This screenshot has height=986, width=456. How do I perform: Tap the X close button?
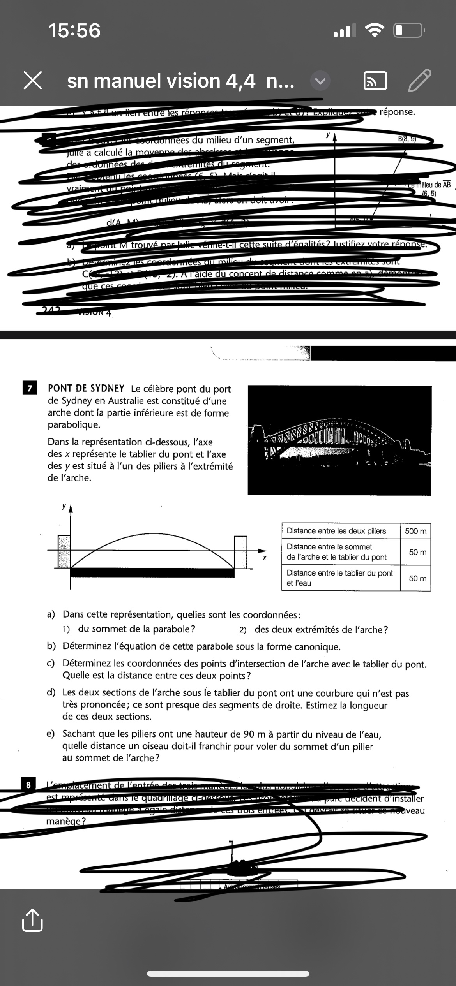coord(33,81)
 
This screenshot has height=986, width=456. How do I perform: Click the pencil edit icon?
coord(419,80)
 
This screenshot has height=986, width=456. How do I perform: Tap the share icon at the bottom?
coord(32,920)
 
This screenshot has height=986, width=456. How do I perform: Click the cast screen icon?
coord(375,81)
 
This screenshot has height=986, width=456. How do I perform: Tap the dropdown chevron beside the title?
coord(320,81)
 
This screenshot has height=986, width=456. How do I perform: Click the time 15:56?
coord(74,30)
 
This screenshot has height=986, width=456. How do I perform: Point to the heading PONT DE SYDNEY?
coord(86,388)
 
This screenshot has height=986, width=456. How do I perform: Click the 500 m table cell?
coord(415,531)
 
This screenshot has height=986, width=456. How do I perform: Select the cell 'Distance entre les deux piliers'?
coord(336,531)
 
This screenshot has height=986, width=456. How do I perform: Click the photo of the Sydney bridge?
coord(339,440)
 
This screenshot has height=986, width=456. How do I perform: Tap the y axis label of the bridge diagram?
coord(64,506)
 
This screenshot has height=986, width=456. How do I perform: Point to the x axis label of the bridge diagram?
coord(264,558)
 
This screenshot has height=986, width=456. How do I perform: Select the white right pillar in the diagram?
coord(240,552)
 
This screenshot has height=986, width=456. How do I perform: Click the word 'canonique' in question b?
coord(318,647)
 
